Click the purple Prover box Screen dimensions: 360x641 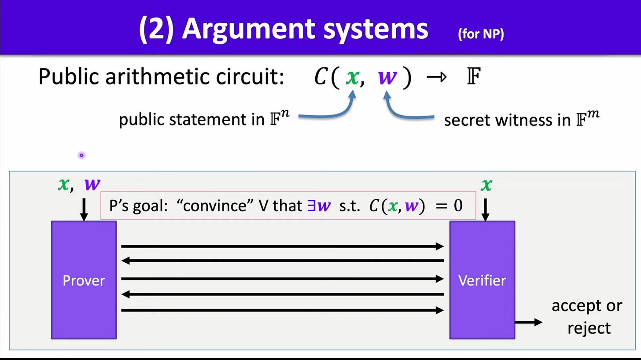pos(84,280)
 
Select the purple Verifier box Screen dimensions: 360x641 pos(482,280)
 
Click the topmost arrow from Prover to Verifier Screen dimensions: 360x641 pos(282,246)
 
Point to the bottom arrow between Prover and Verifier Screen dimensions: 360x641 pos(282,311)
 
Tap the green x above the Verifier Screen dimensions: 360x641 pos(486,185)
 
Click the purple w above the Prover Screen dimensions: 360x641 pos(92,184)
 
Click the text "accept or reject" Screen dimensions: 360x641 pos(586,317)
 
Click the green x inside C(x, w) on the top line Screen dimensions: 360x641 pos(352,77)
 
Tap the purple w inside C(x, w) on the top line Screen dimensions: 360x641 pos(388,77)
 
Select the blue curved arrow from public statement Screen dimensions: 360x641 pos(328,112)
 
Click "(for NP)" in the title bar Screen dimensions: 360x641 pos(481,34)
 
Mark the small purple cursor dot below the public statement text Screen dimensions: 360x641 pos(81,155)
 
